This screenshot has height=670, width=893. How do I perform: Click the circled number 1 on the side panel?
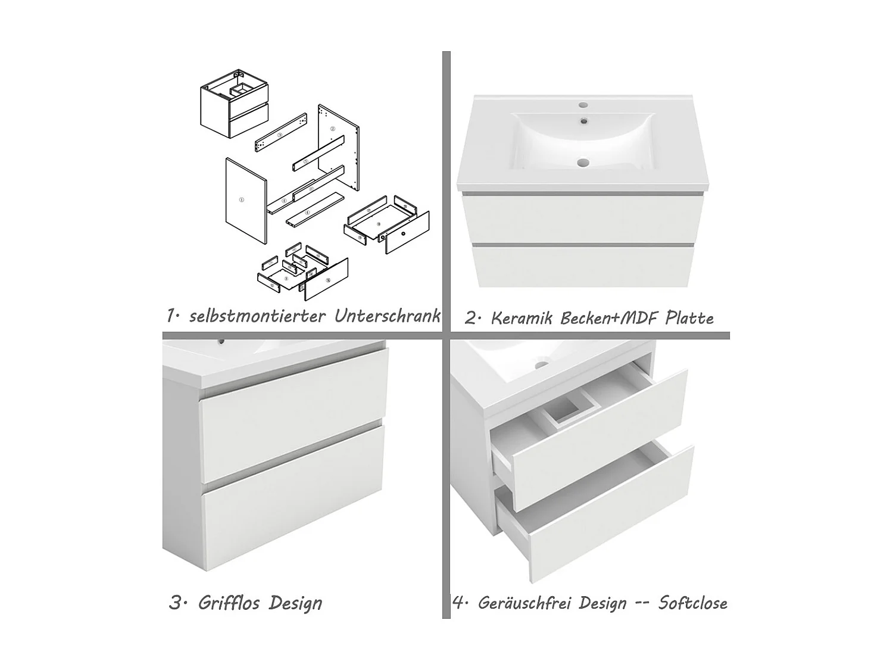[241, 200]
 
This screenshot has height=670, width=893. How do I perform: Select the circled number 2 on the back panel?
[333, 129]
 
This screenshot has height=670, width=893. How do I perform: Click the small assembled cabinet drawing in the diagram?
[234, 102]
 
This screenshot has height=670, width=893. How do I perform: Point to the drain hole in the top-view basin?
[583, 161]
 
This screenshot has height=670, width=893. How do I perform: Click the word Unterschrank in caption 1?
[387, 315]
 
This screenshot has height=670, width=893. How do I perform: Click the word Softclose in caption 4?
[693, 603]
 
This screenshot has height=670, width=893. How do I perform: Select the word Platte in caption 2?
[689, 318]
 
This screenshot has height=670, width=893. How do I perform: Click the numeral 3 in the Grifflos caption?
[175, 603]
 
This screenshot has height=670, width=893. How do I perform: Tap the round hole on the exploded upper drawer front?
[404, 234]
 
